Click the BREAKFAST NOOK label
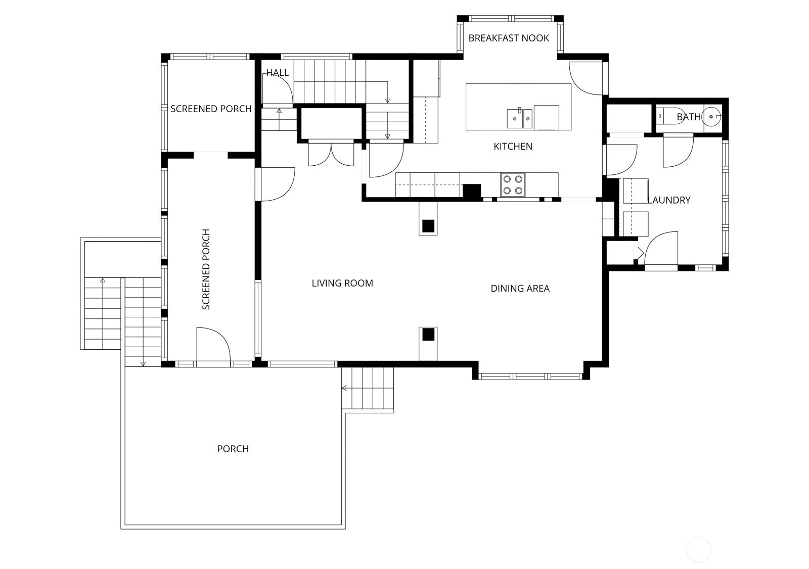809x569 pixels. click(x=508, y=38)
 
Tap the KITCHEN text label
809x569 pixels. click(x=513, y=147)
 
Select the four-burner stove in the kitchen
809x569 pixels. click(x=512, y=184)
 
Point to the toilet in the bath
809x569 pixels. click(x=670, y=117)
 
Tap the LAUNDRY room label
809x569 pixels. click(x=669, y=200)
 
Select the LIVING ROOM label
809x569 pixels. click(x=342, y=283)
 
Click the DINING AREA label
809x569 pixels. click(x=520, y=289)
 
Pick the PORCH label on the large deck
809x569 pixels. click(x=233, y=449)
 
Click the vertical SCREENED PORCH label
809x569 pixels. click(x=206, y=269)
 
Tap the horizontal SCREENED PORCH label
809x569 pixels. click(x=211, y=109)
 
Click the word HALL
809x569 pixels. click(x=277, y=73)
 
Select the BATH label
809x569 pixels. click(x=688, y=117)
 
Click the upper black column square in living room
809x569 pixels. click(x=428, y=225)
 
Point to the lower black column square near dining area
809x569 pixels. click(x=428, y=334)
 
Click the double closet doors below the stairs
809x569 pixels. click(x=331, y=154)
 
